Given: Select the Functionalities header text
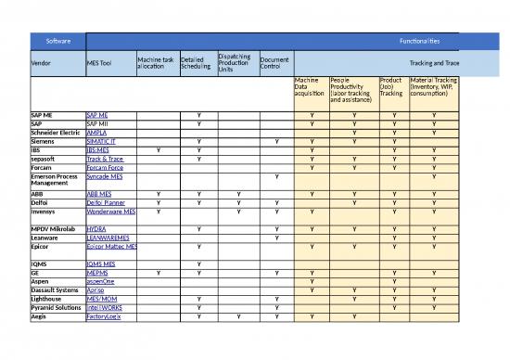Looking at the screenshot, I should click(x=413, y=41).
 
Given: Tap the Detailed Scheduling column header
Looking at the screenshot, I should click(x=195, y=63).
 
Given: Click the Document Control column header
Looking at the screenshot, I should click(x=275, y=63).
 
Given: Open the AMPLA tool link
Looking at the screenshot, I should click(x=96, y=132).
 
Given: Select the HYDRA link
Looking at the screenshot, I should click(x=96, y=228).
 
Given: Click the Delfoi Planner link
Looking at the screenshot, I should click(x=105, y=201).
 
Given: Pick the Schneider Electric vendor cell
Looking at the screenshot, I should click(x=57, y=132).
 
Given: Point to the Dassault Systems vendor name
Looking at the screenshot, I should click(x=55, y=290).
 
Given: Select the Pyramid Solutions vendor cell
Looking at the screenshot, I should click(x=56, y=308).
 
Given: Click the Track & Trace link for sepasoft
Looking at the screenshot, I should click(x=104, y=159).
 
